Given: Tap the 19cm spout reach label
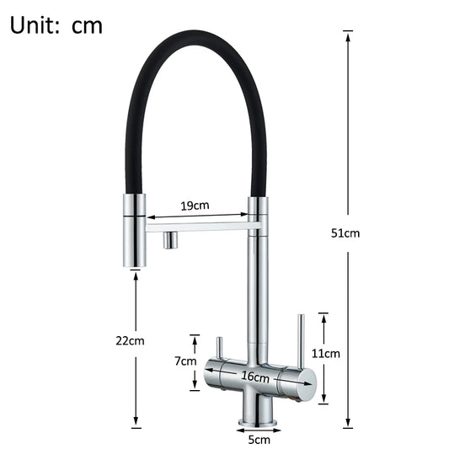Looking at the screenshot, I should coord(195,206).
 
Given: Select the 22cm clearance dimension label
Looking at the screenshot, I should coord(131,340).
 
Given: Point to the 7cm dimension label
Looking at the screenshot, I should coord(184,361).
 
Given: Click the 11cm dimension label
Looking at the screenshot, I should coord(326,354).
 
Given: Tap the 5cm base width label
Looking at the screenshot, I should coord(259,438).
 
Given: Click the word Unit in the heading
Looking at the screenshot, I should coord(35,24).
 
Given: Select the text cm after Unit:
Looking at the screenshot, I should coord(87,25).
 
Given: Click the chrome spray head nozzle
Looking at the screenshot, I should coord(135,232).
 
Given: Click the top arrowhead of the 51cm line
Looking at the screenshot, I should coord(346,34).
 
